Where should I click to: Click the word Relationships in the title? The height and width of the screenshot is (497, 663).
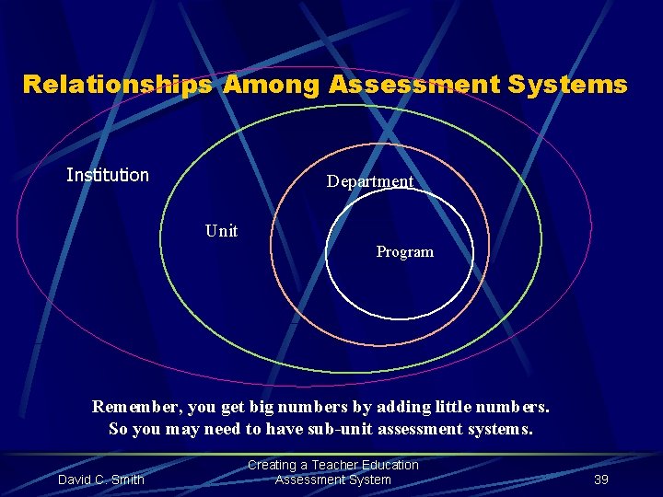tap(118, 86)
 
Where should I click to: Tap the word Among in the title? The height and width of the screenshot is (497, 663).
tap(270, 86)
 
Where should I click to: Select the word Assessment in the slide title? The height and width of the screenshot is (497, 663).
tap(412, 86)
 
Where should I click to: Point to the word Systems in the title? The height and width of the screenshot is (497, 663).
tap(568, 86)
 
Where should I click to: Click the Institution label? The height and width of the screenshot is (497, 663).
tap(108, 175)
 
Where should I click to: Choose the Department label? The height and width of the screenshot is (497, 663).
tap(370, 181)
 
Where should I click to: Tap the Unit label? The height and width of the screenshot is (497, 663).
tap(221, 231)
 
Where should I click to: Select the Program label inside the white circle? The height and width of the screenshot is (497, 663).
tap(404, 251)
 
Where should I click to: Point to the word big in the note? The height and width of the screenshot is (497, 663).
tap(269, 407)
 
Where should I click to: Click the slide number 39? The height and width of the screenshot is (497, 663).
tap(601, 480)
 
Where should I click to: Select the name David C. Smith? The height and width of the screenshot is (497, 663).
tap(101, 480)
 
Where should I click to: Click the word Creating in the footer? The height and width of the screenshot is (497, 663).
tap(273, 465)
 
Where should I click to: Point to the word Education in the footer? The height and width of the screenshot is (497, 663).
tap(390, 465)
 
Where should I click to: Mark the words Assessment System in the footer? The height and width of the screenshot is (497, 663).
tap(332, 480)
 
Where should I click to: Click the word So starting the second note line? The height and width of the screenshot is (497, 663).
tap(119, 429)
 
